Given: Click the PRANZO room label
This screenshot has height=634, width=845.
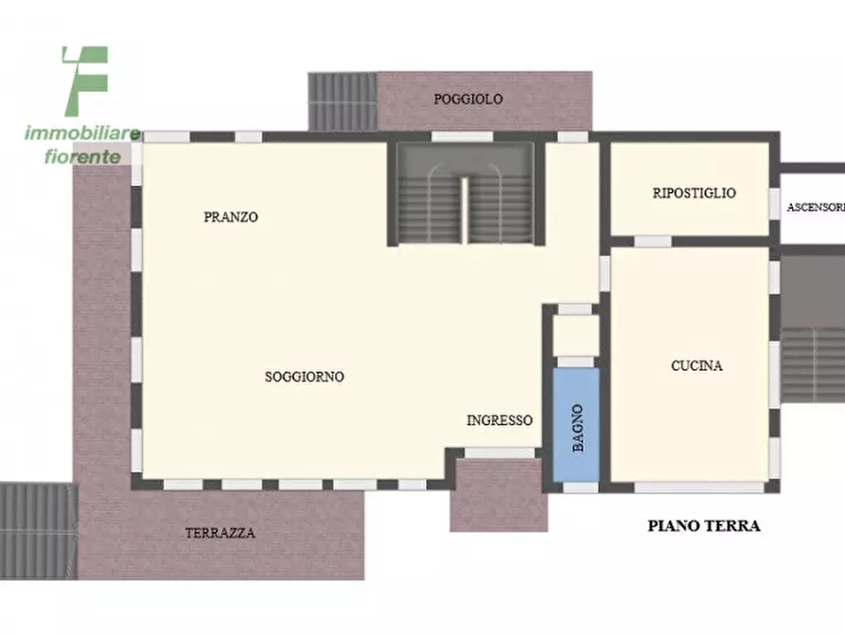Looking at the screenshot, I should coord(230,217).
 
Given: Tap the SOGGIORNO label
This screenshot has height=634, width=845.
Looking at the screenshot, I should coord(304,377).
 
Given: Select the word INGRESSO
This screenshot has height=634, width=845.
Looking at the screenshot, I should coord(500,421).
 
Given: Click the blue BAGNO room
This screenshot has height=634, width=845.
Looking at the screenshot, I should coord(576,425).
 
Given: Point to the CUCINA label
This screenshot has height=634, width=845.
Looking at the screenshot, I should coord(696,365).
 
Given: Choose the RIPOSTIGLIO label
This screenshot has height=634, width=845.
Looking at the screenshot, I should coord(694,193).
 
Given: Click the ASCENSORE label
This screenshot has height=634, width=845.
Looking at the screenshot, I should coord(815,206).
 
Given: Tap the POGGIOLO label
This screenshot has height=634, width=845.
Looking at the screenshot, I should coord(467,99).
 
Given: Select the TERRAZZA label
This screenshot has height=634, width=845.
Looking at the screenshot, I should coord(220,533).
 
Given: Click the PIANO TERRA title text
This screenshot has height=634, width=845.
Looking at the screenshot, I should coord(703,526).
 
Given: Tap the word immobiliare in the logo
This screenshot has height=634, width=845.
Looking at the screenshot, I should coord(82,133).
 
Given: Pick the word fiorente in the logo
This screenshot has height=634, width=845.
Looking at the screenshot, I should coord(82,156).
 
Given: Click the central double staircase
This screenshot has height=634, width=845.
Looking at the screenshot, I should coord(464,195).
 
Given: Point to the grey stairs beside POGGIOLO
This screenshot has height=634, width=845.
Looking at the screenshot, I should coord(342,101).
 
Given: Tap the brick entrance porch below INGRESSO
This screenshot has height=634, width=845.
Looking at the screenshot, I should coord(498,495).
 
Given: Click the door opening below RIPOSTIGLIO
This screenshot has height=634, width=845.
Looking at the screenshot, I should coord(652,241).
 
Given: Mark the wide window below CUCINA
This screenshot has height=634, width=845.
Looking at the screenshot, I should coord(698,487).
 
